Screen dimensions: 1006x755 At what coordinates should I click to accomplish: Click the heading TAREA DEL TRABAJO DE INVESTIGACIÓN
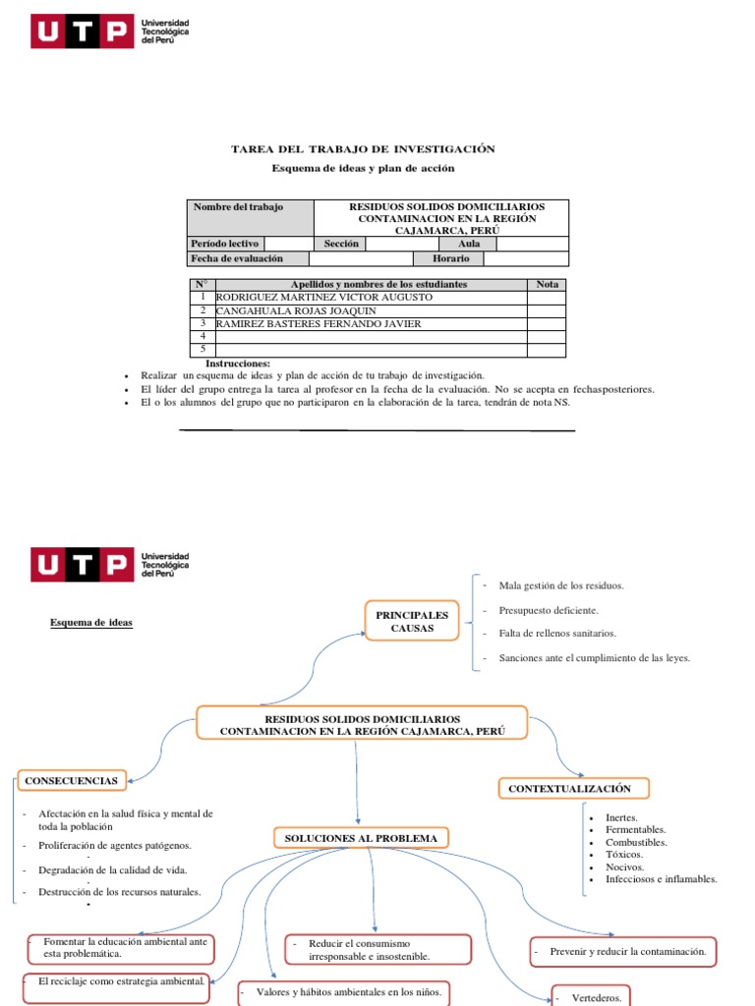[x=363, y=149]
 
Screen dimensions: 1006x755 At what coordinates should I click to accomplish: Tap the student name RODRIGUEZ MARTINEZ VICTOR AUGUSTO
[x=323, y=297]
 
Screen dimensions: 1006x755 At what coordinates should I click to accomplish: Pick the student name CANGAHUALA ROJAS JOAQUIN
[x=295, y=310]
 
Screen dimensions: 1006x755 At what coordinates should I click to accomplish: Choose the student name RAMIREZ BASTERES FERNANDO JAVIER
[x=318, y=323]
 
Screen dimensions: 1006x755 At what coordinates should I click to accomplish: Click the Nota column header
[x=547, y=284]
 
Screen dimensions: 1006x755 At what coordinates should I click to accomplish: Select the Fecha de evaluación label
[x=237, y=258]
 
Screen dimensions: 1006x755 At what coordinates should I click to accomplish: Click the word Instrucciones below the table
[x=237, y=363]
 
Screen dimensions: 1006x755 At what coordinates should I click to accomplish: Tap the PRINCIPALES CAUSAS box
[x=412, y=621]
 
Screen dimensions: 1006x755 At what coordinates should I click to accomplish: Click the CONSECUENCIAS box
[x=71, y=781]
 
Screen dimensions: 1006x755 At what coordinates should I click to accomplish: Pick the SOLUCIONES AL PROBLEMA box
[x=360, y=838]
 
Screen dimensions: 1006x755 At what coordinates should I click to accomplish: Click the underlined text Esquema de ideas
[x=91, y=623]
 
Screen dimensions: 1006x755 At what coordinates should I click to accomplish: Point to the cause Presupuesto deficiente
[x=548, y=610]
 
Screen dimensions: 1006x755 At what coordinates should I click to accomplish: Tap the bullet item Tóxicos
[x=625, y=855]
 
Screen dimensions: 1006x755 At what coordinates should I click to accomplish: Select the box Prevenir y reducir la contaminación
[x=622, y=952]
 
